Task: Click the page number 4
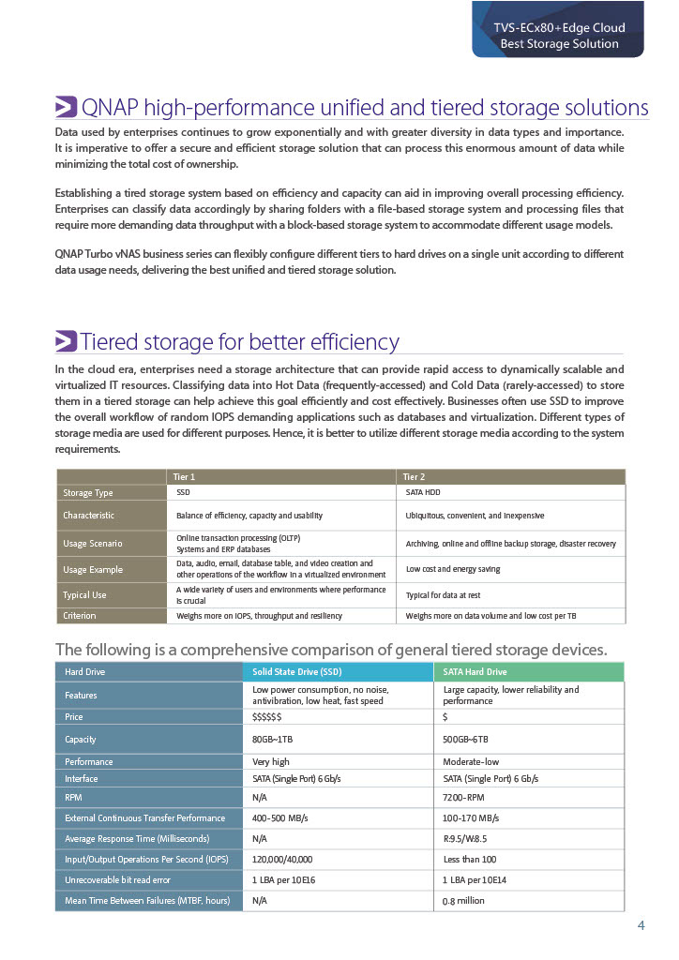(x=641, y=926)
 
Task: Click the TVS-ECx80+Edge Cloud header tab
(x=559, y=36)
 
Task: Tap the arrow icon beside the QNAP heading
(x=66, y=107)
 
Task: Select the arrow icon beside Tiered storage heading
(x=66, y=341)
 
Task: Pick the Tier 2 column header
(x=414, y=476)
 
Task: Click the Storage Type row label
(x=88, y=492)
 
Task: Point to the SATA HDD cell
(x=423, y=492)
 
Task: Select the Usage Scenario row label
(x=92, y=544)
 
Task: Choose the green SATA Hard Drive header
(x=475, y=672)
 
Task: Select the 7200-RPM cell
(x=463, y=796)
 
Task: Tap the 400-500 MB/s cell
(x=280, y=817)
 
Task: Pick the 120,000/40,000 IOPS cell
(x=282, y=859)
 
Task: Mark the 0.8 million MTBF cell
(x=463, y=901)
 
